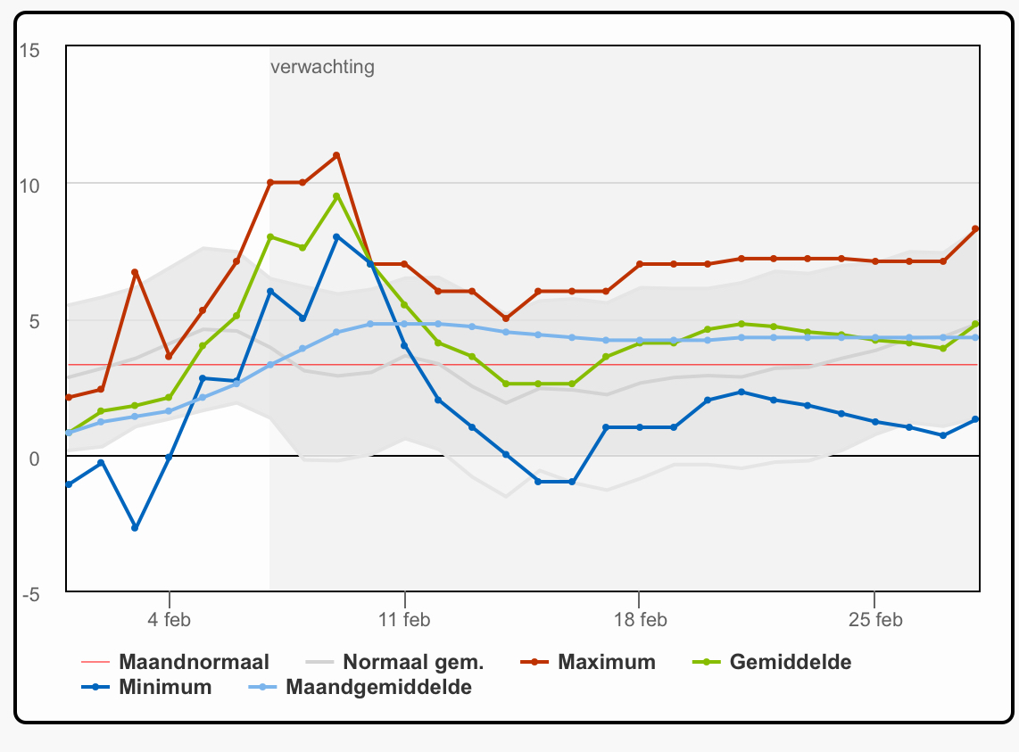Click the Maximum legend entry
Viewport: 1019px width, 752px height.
588,662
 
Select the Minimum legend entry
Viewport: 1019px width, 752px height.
147,687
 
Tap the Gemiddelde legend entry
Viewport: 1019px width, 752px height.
772,662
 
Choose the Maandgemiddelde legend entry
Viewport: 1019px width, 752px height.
360,687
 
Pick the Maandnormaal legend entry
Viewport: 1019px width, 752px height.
175,662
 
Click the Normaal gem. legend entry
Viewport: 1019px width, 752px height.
394,662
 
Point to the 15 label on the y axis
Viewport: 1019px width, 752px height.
29,50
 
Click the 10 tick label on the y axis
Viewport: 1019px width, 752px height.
29,186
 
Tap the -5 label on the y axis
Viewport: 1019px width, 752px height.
30,594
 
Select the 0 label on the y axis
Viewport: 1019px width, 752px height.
35,459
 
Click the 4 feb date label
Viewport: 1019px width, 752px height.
169,619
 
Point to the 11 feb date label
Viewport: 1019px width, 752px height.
404,619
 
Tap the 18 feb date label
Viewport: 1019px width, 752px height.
640,619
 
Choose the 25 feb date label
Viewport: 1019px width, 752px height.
875,619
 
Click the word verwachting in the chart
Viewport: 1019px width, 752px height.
322,67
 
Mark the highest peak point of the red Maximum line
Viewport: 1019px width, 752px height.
336,155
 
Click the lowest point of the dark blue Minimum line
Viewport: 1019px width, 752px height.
135,528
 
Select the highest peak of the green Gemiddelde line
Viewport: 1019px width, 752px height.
336,196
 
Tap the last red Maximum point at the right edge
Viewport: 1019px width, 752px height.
975,228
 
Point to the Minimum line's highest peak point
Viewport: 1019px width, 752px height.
336,237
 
